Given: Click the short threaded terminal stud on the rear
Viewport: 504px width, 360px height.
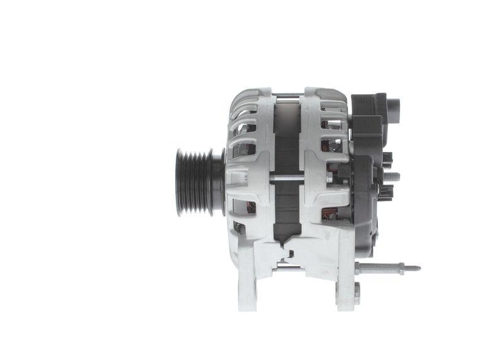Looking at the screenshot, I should [393, 177].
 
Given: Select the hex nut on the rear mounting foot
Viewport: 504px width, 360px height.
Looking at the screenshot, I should [357, 292].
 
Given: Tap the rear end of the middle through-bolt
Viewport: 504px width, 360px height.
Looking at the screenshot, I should [329, 178].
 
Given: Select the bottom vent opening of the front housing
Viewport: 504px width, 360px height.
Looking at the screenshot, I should [240, 228].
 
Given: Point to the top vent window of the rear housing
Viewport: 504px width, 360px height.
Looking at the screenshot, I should [331, 124].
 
